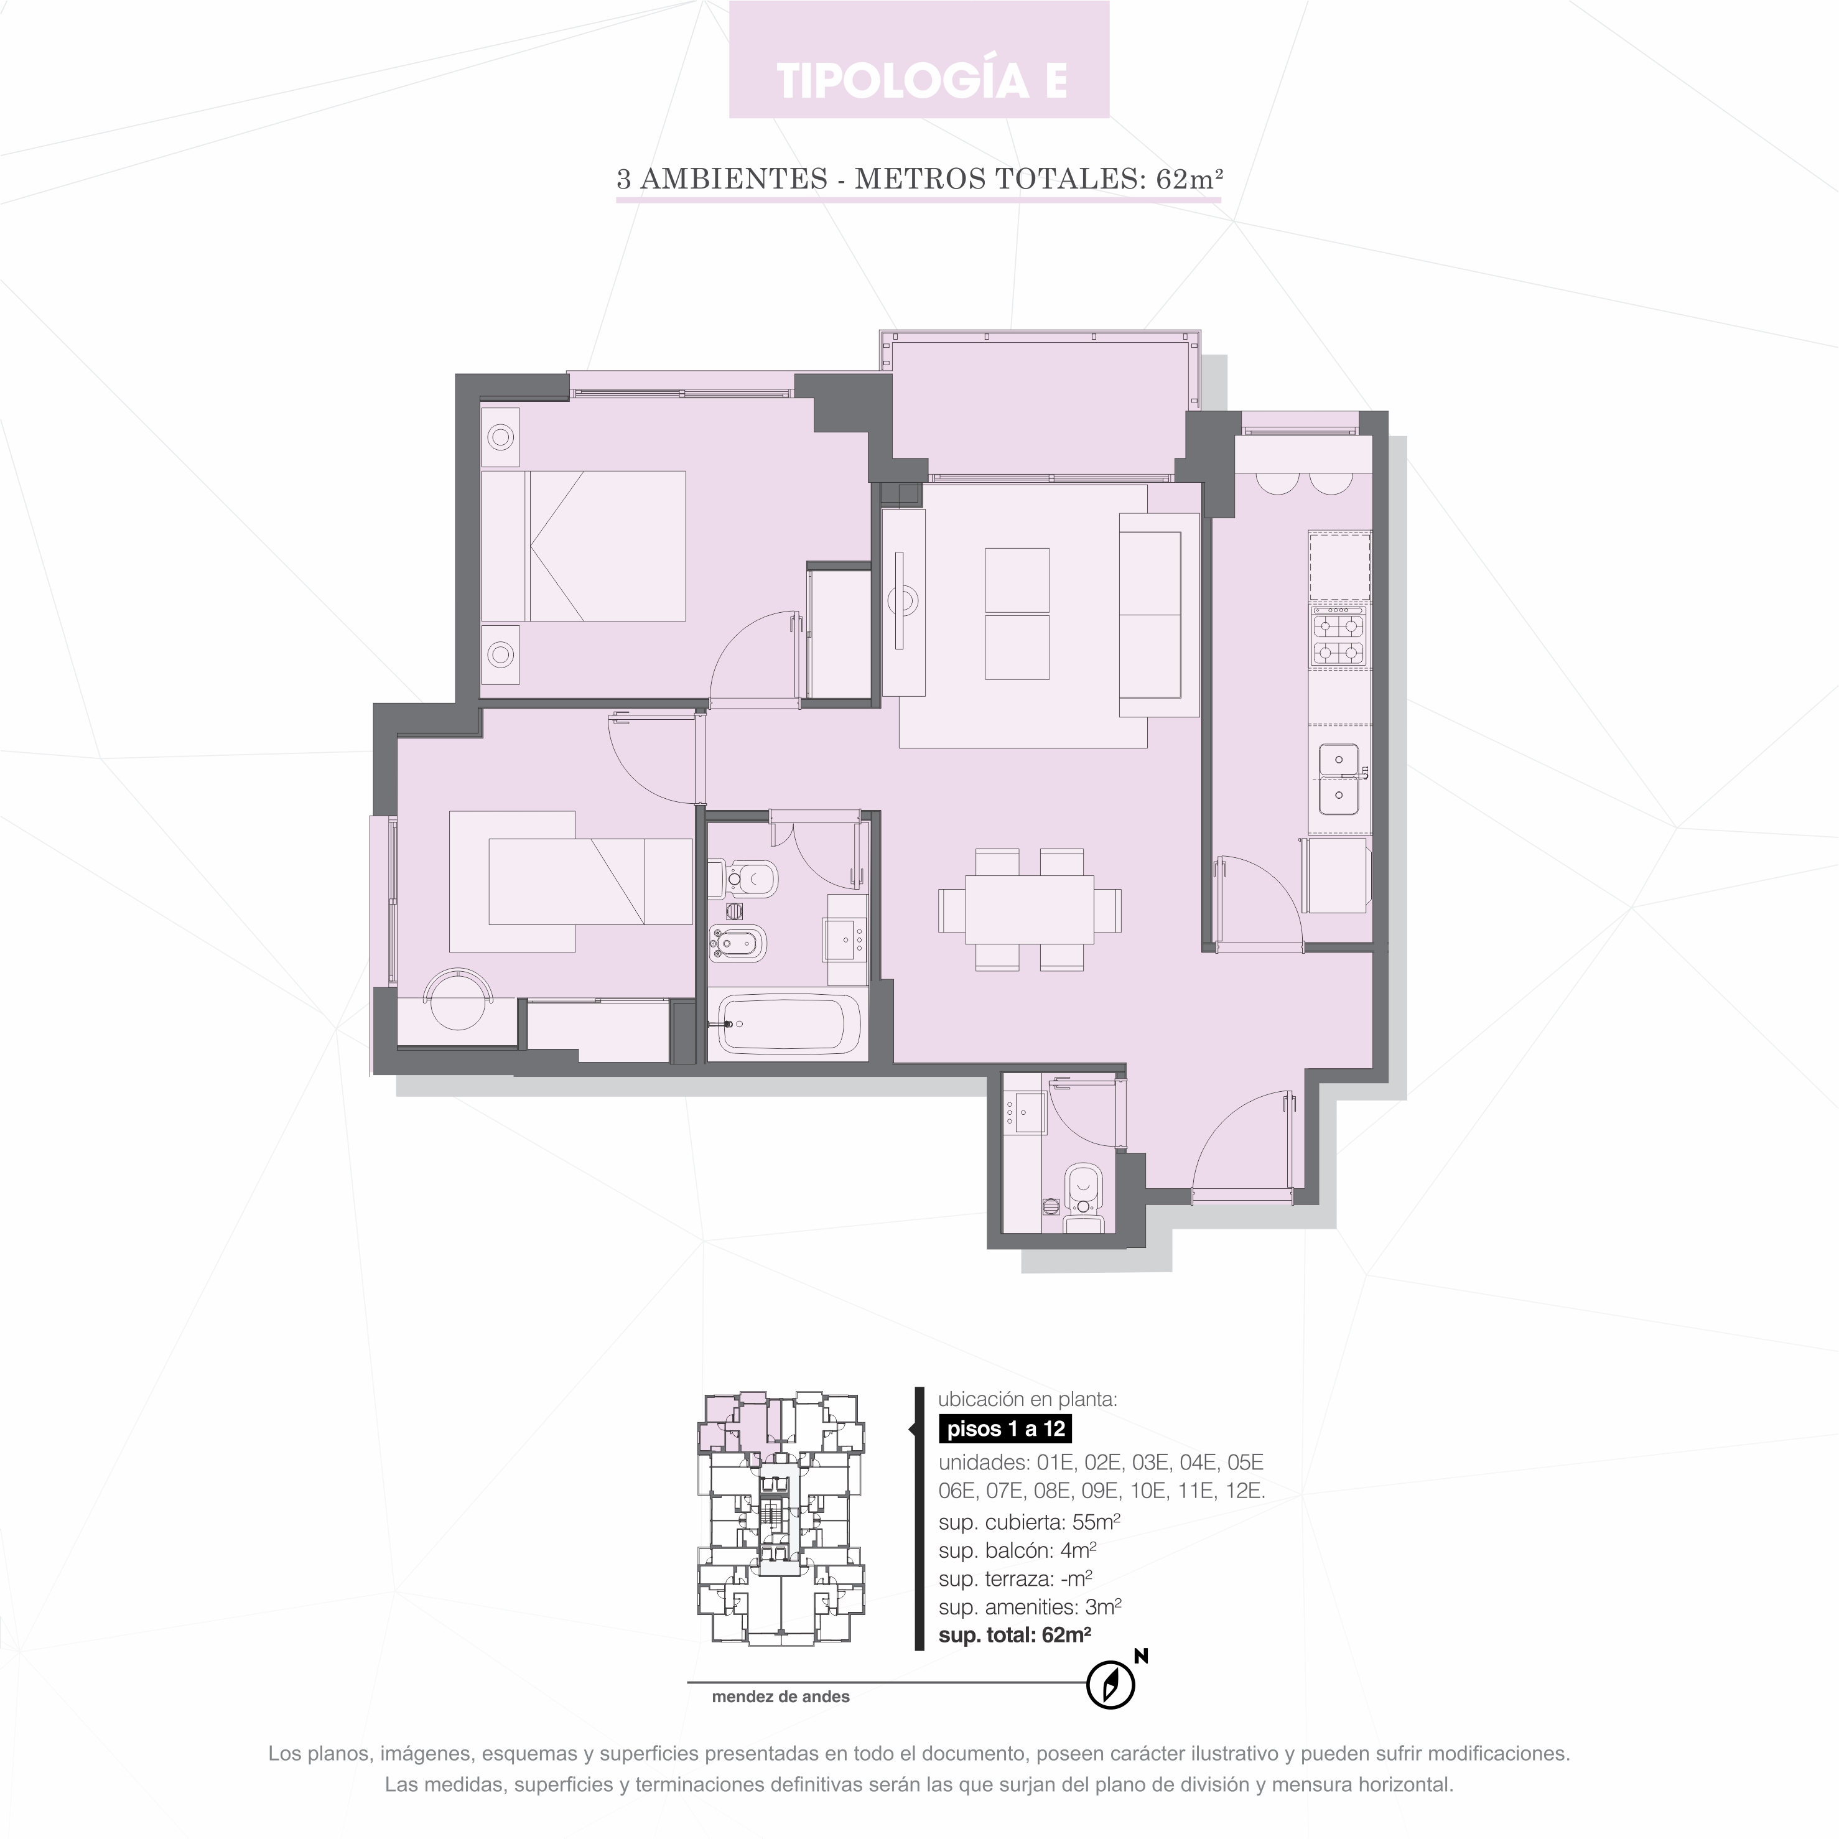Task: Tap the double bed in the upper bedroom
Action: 584,546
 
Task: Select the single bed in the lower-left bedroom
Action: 590,882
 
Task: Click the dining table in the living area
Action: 1029,909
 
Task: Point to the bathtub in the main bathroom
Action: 788,1024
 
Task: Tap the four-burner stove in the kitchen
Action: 1338,640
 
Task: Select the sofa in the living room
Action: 1158,615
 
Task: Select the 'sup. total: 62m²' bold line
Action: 1015,1636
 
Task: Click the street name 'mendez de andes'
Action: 781,1696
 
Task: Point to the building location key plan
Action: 783,1519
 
